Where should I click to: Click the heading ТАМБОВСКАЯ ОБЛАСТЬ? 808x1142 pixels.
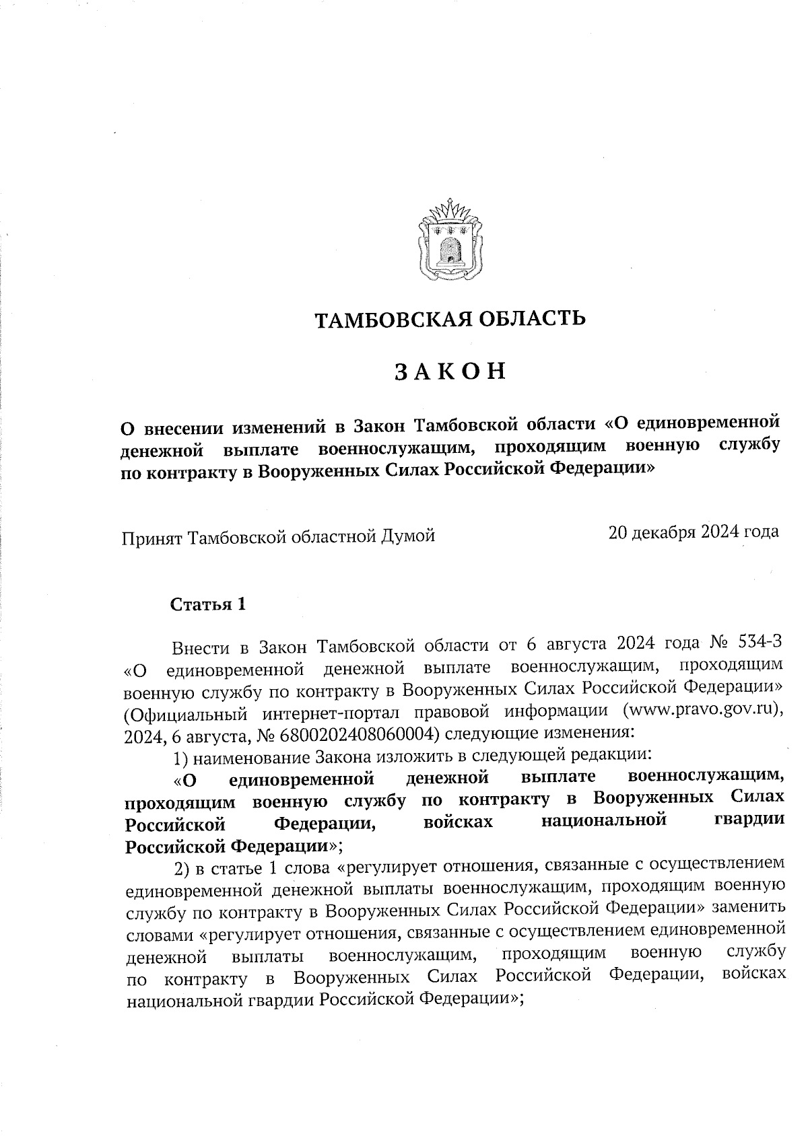click(x=450, y=318)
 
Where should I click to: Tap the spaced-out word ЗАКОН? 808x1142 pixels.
click(x=450, y=372)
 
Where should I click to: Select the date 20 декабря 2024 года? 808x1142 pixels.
click(x=694, y=532)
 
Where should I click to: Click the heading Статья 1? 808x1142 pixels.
click(x=208, y=604)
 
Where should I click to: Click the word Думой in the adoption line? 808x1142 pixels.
click(x=407, y=536)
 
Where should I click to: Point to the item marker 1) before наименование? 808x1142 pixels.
click(x=180, y=758)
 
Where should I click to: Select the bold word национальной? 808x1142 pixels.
click(x=603, y=820)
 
